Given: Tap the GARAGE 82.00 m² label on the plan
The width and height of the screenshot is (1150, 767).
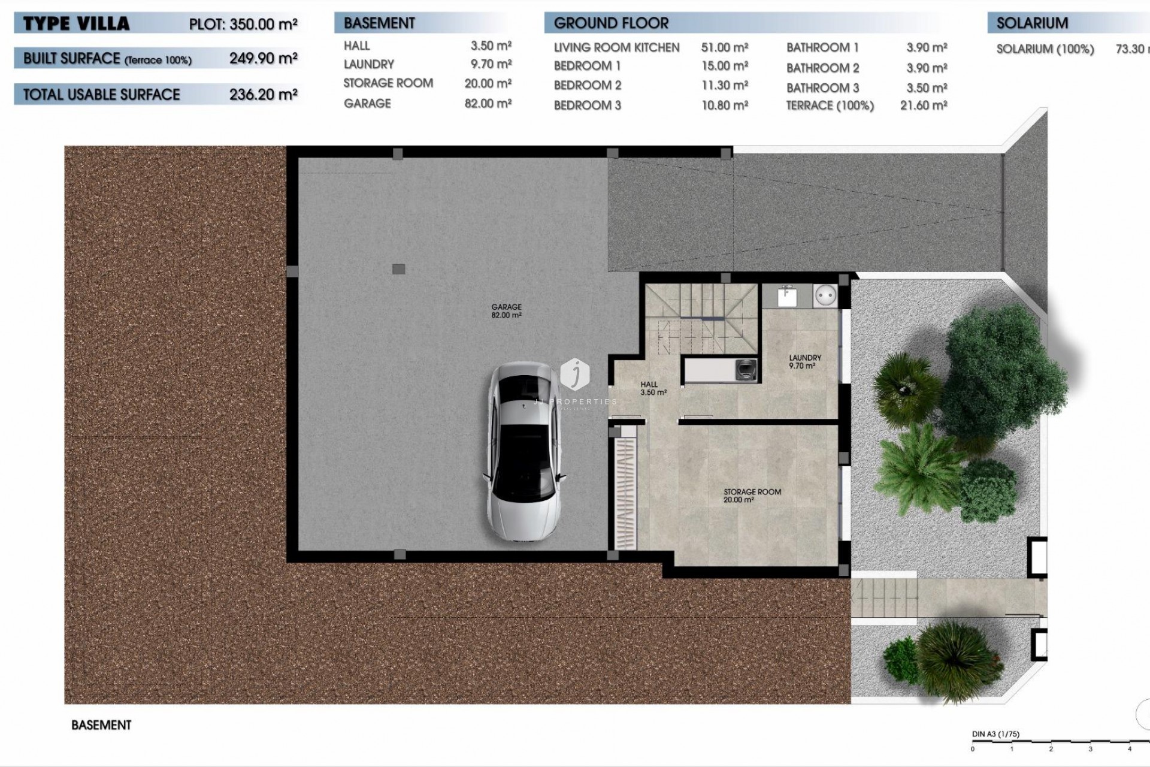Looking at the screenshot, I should [506, 310].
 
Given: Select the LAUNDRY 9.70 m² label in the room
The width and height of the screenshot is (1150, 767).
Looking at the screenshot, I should [804, 361].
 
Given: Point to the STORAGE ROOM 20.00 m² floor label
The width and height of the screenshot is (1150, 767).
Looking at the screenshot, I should [752, 495].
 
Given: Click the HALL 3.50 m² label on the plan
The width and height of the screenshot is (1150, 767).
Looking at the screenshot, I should [652, 388].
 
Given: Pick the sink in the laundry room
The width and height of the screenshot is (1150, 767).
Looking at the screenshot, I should [786, 295].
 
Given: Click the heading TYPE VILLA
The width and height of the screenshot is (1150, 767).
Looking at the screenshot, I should [76, 24].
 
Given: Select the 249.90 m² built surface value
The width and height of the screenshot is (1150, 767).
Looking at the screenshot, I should [263, 58].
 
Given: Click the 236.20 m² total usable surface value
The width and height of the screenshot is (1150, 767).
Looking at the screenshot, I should [263, 94].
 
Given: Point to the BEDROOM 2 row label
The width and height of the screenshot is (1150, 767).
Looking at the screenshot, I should [587, 85].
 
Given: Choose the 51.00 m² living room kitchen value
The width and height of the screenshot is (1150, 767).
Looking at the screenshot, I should [724, 47].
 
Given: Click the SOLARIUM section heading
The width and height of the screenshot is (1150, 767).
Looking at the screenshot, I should [1031, 23].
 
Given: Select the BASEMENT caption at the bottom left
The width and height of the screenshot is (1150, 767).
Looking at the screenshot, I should [101, 725].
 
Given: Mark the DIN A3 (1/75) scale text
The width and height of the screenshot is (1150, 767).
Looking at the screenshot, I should [995, 734].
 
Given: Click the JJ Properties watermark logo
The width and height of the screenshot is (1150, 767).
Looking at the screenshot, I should [575, 375].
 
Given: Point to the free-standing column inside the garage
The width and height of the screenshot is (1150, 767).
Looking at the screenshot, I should [398, 269].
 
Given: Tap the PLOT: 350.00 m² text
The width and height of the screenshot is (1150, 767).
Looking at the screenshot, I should [243, 24].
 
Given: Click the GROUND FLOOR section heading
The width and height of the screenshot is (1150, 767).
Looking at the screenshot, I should [610, 23].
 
